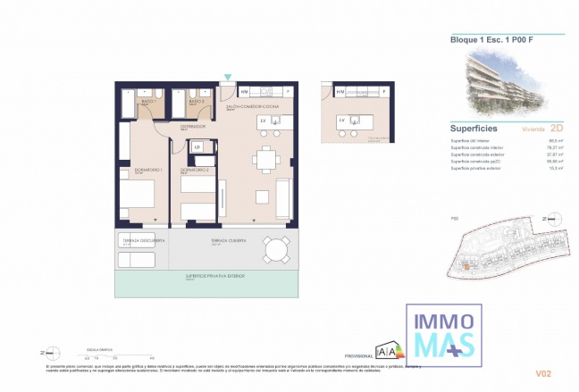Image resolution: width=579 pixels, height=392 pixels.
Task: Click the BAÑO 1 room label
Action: (x=147, y=103)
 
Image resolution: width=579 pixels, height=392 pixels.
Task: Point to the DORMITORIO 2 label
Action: (x=194, y=169)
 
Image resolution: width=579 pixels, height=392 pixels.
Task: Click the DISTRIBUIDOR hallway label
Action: (x=192, y=127)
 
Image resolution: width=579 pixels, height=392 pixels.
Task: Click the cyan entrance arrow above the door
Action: (x=229, y=78)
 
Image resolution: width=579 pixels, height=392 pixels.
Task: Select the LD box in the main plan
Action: (x=197, y=146)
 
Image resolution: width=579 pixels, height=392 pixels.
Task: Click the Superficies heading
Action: (x=474, y=128)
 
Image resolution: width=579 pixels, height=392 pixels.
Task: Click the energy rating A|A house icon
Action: (x=389, y=349)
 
